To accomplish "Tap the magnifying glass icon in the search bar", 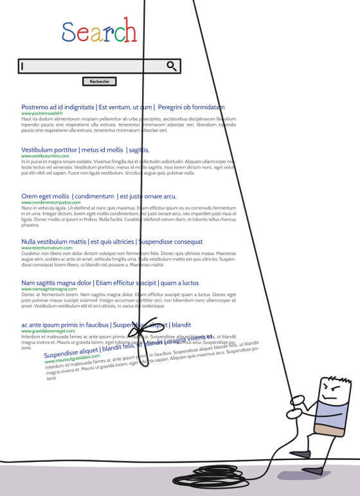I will tap(172, 66).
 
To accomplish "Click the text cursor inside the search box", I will tap(22, 66).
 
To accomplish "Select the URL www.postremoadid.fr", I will tap(42, 113).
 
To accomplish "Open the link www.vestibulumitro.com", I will tap(45, 155).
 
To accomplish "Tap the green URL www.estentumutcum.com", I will tap(47, 247).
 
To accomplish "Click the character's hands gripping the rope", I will tap(297, 403).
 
